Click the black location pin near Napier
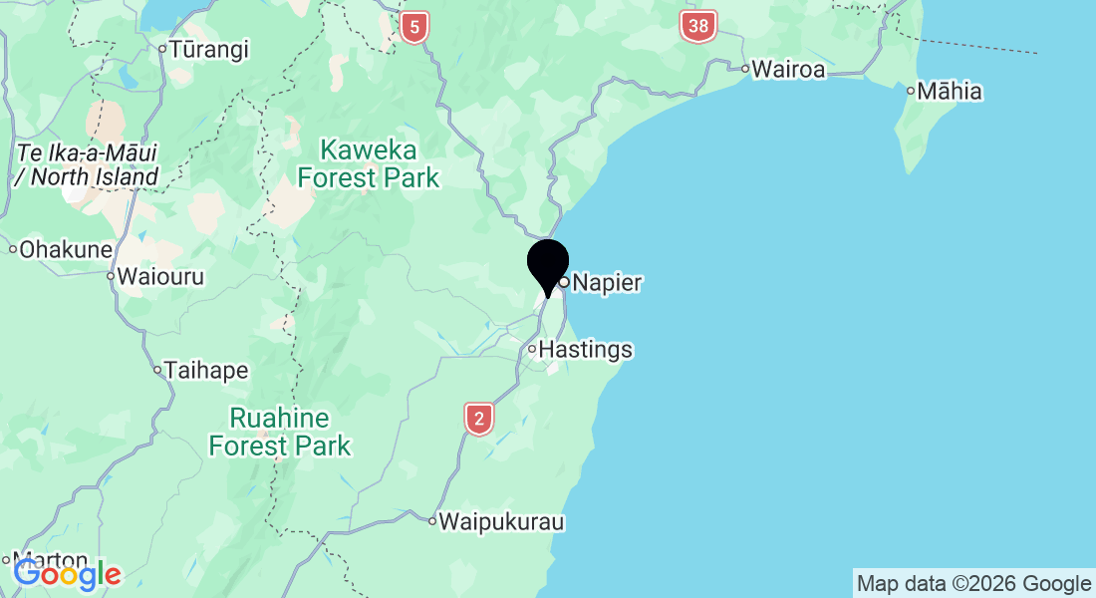click(547, 264)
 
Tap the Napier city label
click(607, 283)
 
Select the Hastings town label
click(585, 350)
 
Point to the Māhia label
click(950, 92)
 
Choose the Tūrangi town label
click(208, 49)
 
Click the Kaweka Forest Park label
click(369, 164)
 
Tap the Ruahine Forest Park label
click(280, 431)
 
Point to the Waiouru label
click(160, 277)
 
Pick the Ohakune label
click(67, 249)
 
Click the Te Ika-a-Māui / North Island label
click(88, 165)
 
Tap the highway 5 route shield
click(413, 27)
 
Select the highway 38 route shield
click(698, 27)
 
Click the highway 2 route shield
click(479, 419)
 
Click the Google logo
click(67, 574)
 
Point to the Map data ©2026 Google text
click(974, 584)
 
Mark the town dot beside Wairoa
click(744, 69)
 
